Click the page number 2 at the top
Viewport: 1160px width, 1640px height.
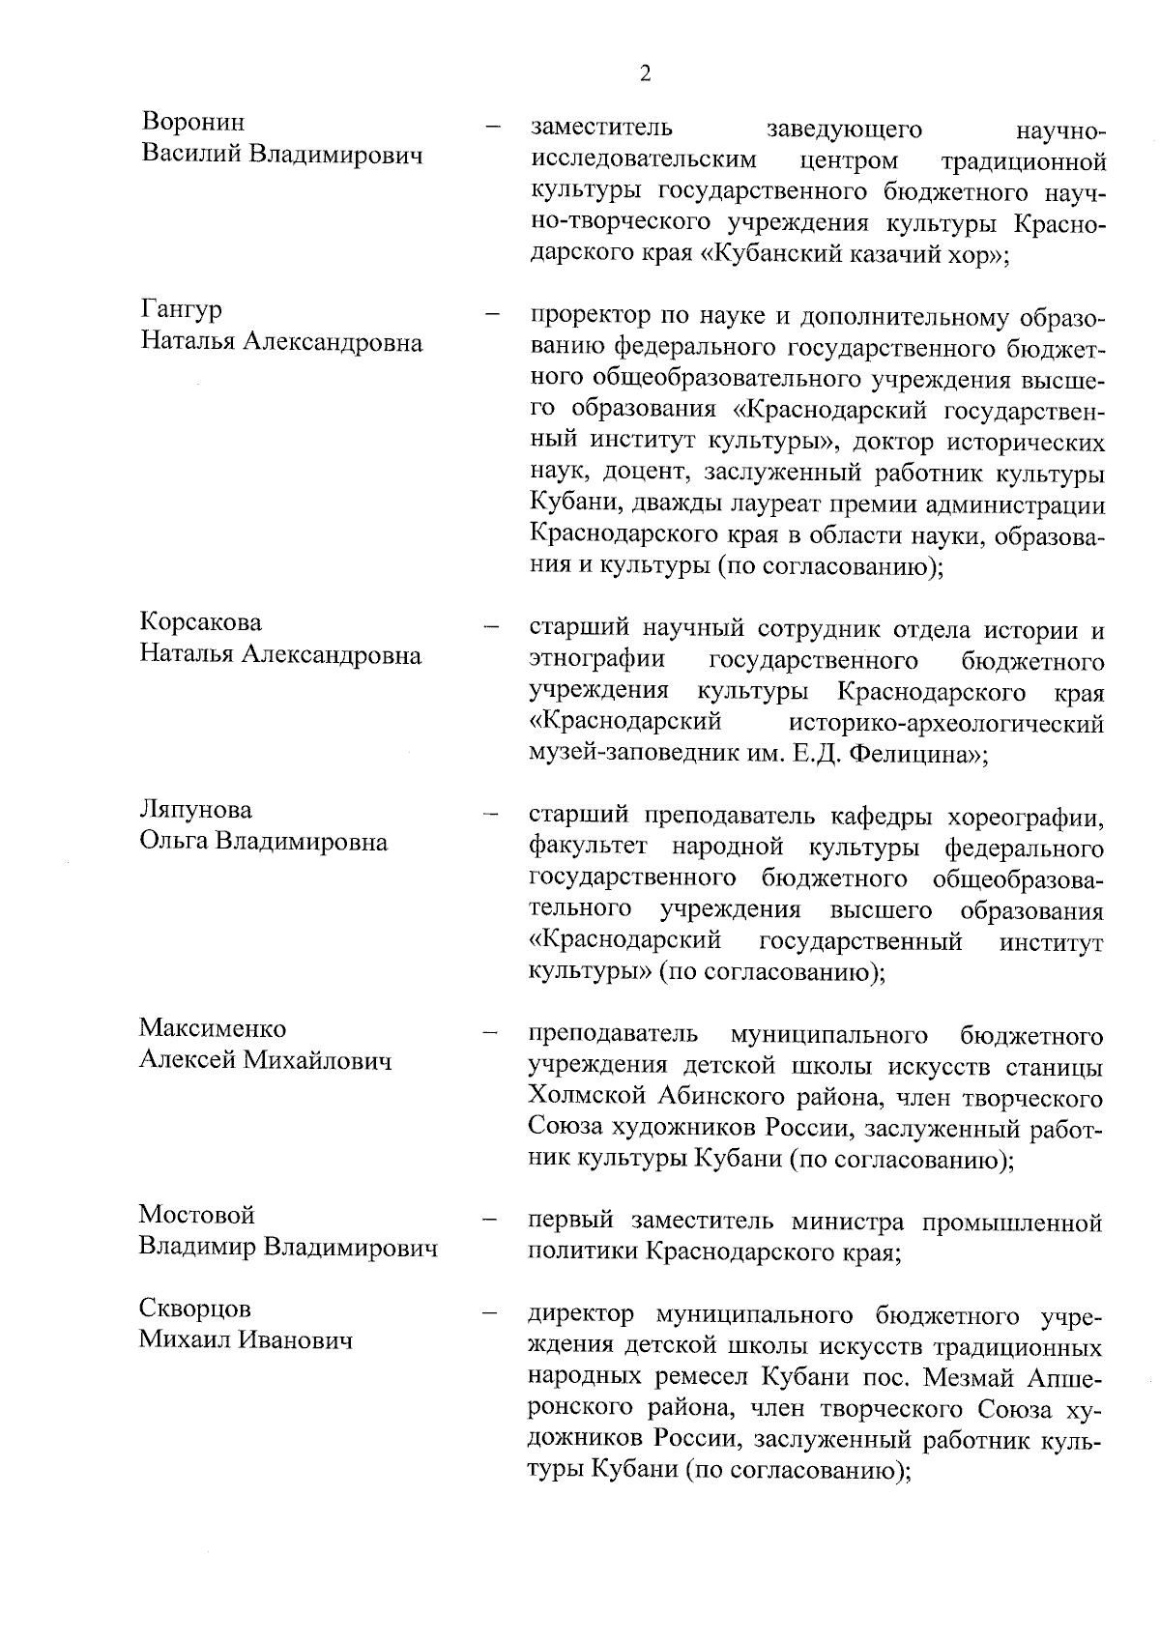(x=645, y=74)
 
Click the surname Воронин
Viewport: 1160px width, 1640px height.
(x=192, y=123)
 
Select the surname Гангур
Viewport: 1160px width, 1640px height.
(x=181, y=310)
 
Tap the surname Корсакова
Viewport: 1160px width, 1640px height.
(x=200, y=622)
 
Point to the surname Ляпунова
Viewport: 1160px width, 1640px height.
(x=195, y=809)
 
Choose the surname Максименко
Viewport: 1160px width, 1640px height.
(x=213, y=1027)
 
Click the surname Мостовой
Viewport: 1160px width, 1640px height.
(x=196, y=1214)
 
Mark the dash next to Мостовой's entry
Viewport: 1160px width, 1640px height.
(x=492, y=1221)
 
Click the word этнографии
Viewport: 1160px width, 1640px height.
(x=596, y=661)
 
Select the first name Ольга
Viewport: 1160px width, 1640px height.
(x=173, y=842)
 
